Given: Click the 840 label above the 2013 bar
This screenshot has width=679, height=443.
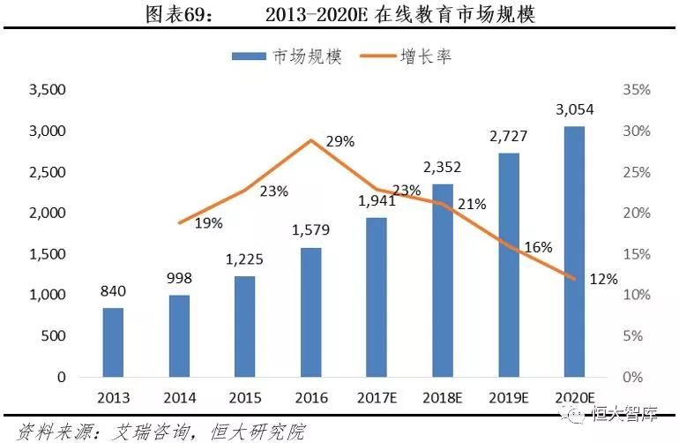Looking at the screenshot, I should tap(113, 291).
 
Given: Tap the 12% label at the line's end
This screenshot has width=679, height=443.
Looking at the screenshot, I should tap(605, 279).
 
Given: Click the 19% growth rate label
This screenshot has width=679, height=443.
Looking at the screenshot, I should tap(208, 223).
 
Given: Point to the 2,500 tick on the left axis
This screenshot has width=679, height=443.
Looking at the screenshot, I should tap(48, 172).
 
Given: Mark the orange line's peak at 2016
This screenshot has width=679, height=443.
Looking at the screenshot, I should tap(310, 140).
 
